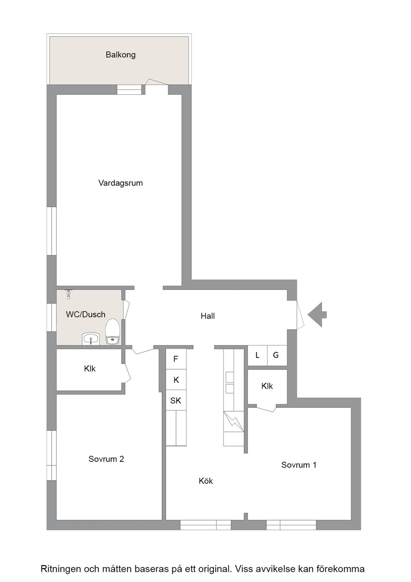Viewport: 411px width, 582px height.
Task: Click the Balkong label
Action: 121,55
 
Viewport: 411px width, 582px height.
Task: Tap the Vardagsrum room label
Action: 121,183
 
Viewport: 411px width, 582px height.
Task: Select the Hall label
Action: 208,316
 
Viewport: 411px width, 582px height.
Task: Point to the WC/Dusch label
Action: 85,314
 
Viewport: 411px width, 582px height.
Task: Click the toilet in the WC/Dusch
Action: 112,331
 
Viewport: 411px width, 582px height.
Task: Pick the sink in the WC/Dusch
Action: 90,339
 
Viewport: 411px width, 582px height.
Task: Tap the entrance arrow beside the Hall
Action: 317,314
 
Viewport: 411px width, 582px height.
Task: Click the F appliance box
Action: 176,359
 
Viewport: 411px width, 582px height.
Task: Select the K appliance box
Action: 176,380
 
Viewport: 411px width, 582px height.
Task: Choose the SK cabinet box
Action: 176,400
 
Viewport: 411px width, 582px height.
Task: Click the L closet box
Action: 257,355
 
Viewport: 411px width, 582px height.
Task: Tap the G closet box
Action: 277,355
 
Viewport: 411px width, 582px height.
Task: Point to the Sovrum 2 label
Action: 106,459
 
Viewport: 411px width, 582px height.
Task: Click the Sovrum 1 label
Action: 299,465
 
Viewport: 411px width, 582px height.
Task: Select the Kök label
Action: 206,481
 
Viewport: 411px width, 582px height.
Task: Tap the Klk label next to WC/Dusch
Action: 90,368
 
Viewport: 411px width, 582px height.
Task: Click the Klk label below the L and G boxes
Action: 267,386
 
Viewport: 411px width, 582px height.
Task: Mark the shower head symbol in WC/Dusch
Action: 68,295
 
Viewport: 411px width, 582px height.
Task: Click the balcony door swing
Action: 156,82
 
